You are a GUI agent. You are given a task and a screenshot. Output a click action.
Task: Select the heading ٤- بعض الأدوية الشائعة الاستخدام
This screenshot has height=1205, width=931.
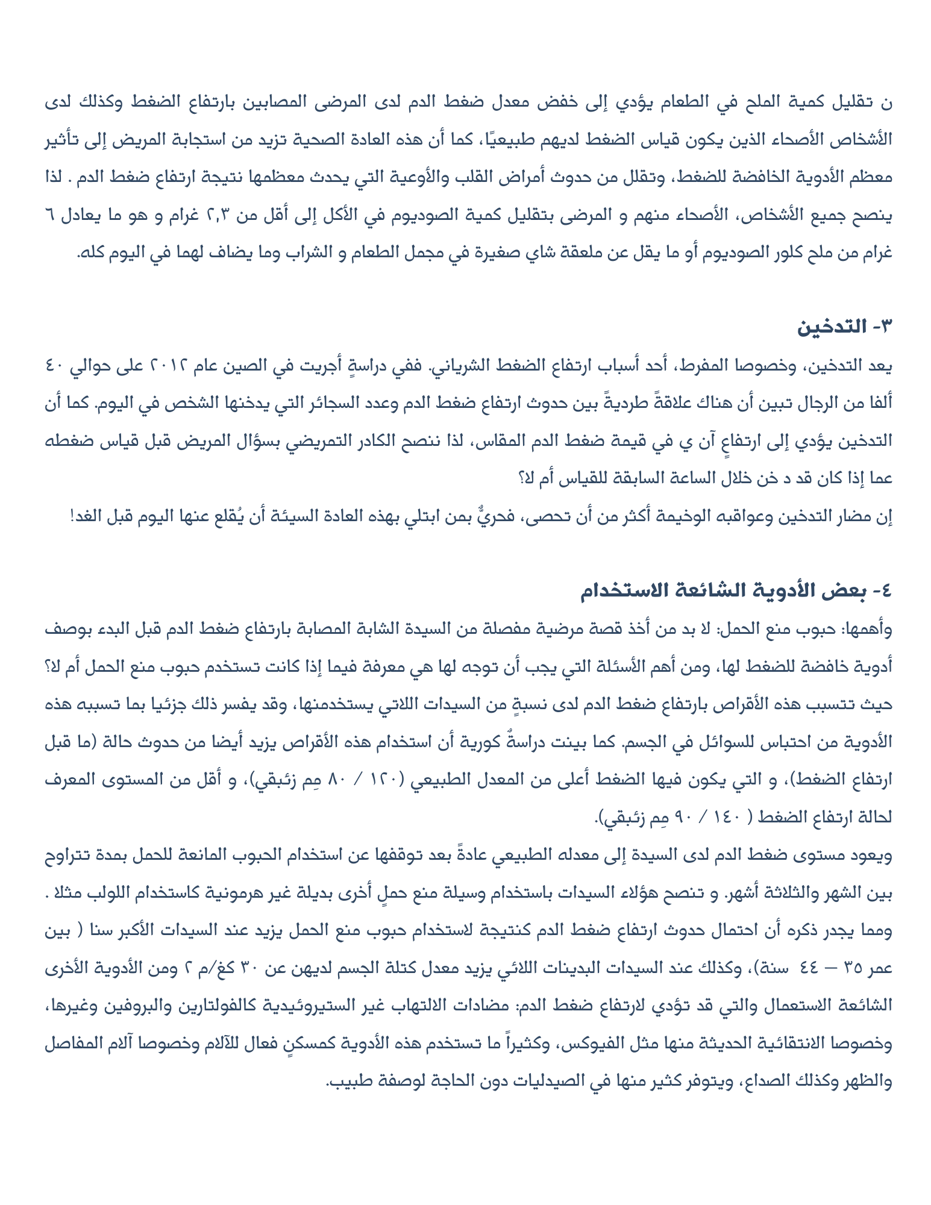click(735, 590)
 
